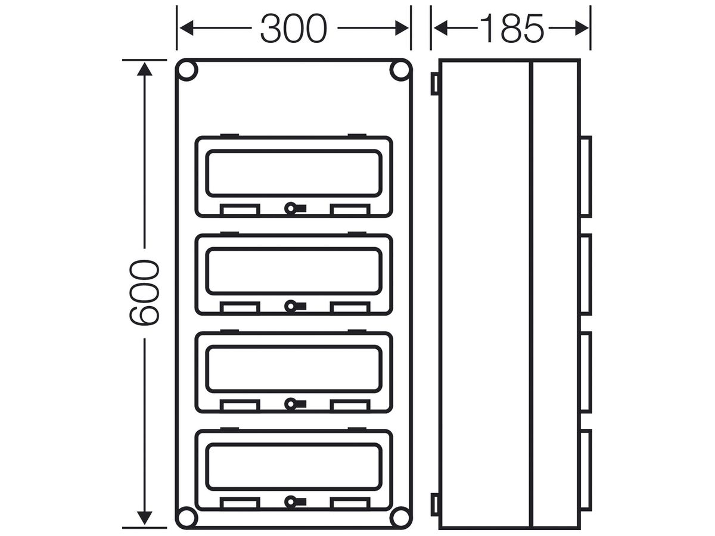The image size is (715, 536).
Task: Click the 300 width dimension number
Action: click(x=293, y=29)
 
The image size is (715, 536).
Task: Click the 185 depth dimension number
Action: click(x=511, y=29)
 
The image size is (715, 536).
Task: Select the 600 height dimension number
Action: click(x=144, y=292)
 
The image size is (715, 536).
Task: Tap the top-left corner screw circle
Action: click(x=186, y=70)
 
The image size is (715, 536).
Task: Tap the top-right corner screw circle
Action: click(x=400, y=70)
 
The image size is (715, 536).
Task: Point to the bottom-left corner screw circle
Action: click(x=186, y=518)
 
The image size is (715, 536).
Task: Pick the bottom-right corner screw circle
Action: click(x=400, y=518)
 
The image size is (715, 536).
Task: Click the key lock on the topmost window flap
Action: click(x=295, y=208)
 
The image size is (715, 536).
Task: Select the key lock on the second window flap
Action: click(x=295, y=306)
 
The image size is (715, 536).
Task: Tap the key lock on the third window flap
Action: click(x=295, y=404)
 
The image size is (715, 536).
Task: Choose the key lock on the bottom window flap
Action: click(x=295, y=502)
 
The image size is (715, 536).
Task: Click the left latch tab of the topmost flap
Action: click(x=240, y=210)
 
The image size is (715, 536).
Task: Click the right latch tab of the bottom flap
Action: click(x=350, y=503)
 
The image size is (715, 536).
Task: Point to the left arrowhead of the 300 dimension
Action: click(x=186, y=28)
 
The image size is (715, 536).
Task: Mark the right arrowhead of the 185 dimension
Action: click(x=582, y=28)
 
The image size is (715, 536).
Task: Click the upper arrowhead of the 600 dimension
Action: click(x=144, y=69)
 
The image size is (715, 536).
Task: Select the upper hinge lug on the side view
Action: click(x=435, y=84)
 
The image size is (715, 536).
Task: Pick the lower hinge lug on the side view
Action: click(x=435, y=504)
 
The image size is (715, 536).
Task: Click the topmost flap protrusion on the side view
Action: click(x=586, y=176)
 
